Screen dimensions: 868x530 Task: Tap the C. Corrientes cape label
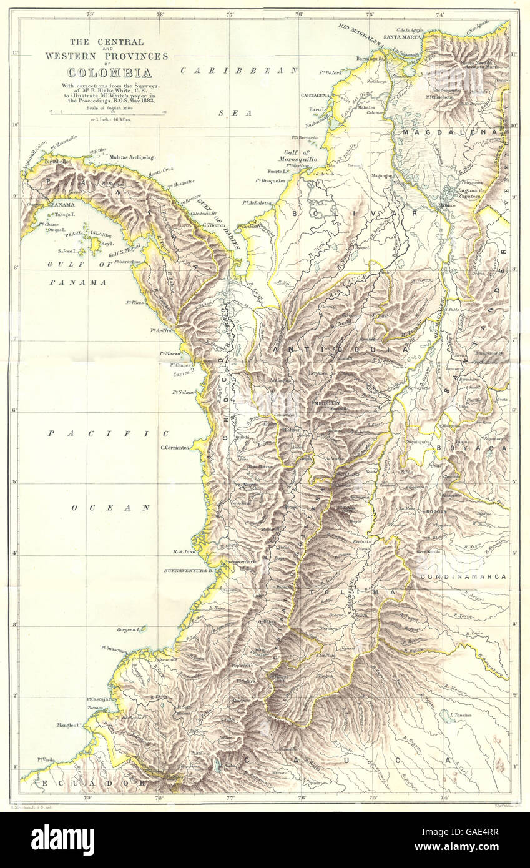[174, 447]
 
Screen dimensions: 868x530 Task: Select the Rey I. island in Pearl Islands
[107, 244]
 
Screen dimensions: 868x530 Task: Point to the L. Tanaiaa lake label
[459, 714]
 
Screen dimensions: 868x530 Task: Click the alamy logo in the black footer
[62, 839]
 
